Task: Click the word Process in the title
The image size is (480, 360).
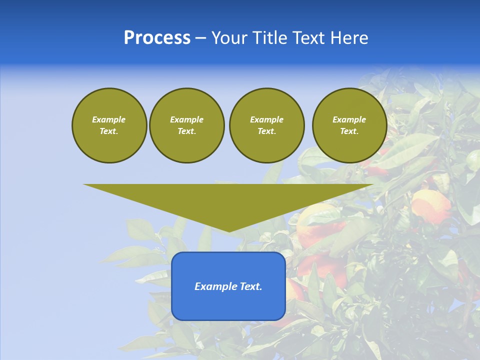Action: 157,38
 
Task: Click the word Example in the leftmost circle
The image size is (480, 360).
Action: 109,119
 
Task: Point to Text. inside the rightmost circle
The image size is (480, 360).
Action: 349,131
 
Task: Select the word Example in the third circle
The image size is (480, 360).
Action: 266,119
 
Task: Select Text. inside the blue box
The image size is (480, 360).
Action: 250,286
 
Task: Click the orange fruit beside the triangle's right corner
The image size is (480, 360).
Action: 431,205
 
